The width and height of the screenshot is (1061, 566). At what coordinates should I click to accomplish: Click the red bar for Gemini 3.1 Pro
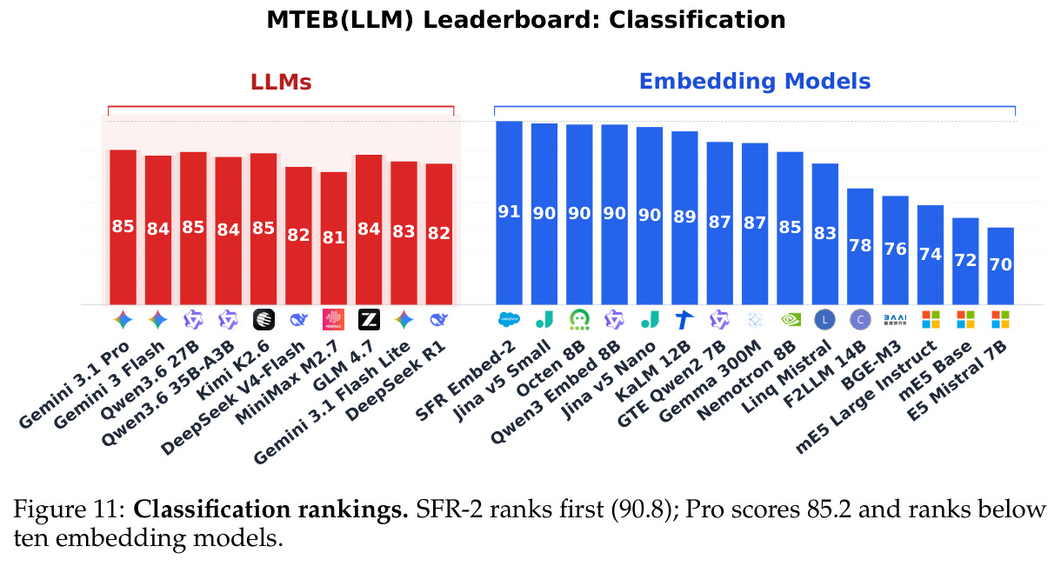tap(123, 227)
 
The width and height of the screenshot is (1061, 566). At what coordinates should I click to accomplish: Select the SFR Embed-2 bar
tap(509, 213)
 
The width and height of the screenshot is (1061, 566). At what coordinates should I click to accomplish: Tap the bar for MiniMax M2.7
tap(334, 238)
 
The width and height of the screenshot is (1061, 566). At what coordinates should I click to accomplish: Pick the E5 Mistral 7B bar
tap(1001, 266)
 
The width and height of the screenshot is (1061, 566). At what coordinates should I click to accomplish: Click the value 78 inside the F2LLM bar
tap(860, 245)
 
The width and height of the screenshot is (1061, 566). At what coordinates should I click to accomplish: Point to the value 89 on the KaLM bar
tap(684, 216)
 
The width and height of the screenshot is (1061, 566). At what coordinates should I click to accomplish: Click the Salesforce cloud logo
tap(509, 320)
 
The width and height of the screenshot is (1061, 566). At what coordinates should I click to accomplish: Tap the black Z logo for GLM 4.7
tap(369, 320)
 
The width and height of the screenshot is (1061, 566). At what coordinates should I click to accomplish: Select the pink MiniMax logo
tap(333, 320)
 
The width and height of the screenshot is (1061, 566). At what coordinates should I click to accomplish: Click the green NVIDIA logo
tap(790, 320)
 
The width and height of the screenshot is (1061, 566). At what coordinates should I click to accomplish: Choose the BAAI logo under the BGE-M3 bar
tap(895, 320)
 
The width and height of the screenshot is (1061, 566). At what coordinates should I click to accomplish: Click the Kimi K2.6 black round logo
tap(264, 320)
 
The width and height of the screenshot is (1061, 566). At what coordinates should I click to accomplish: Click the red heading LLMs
tap(281, 83)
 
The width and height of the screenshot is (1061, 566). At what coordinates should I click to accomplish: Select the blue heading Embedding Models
tap(755, 82)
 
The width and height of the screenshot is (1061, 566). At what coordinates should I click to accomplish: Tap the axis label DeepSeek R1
tap(396, 381)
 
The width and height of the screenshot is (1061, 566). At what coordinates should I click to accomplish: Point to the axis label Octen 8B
tap(551, 369)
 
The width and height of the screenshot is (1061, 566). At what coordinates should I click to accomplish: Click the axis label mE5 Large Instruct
tap(866, 397)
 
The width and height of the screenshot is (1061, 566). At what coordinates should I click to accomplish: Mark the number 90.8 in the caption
tap(642, 510)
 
